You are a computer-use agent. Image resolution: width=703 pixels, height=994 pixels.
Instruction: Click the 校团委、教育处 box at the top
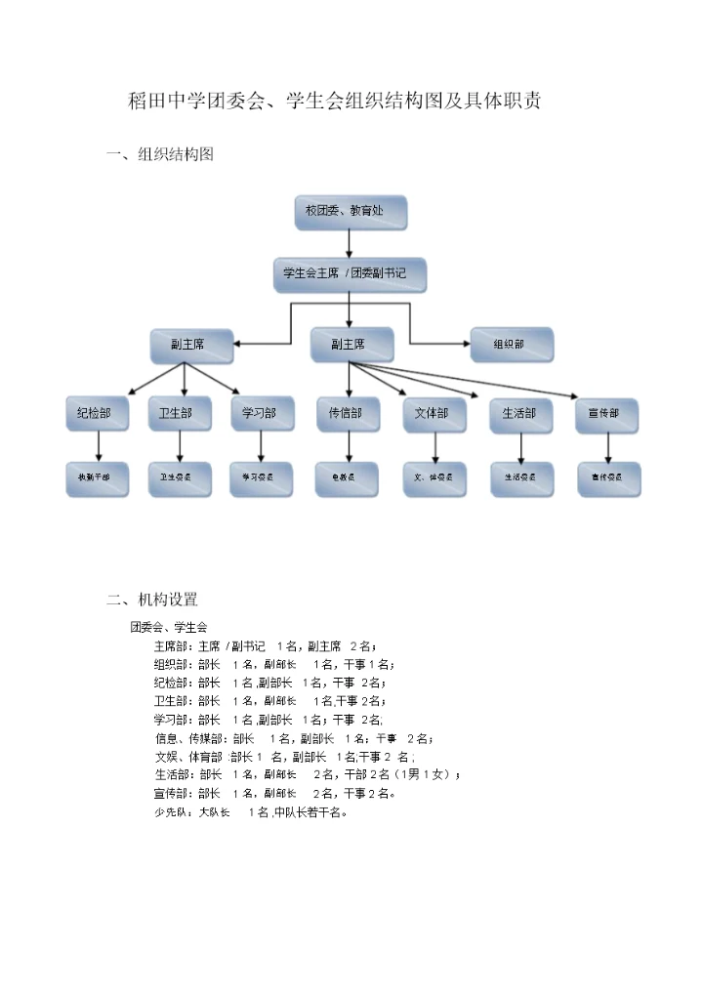tap(351, 212)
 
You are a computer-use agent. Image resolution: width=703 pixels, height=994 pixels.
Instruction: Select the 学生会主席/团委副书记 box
tap(350, 275)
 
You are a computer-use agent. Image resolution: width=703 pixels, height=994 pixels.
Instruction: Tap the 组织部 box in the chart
tap(511, 345)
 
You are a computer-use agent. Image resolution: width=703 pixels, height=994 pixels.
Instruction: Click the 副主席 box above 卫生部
tap(191, 345)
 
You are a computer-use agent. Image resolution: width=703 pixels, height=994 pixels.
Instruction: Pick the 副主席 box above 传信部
tap(351, 345)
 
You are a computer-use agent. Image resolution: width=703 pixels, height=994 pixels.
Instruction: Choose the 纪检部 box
tap(97, 415)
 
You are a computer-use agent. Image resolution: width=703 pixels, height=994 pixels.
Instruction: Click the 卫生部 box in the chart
tap(180, 415)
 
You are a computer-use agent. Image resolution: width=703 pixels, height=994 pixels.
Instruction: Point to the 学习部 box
tap(262, 415)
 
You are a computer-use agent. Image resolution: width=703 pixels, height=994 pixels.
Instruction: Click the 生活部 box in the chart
tap(521, 415)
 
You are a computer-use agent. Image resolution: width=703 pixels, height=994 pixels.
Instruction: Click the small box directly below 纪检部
tap(97, 479)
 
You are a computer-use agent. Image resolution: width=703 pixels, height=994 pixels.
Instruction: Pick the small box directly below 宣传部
tap(609, 479)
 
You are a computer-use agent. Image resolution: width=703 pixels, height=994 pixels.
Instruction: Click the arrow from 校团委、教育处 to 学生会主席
tap(350, 244)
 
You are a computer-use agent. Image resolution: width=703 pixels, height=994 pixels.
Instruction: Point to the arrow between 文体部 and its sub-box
tap(435, 447)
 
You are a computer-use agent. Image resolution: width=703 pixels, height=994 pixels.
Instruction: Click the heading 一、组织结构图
tap(160, 155)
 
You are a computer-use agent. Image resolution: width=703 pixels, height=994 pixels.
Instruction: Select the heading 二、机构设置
tap(152, 600)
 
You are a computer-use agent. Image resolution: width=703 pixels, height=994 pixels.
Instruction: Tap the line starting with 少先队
tap(250, 811)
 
